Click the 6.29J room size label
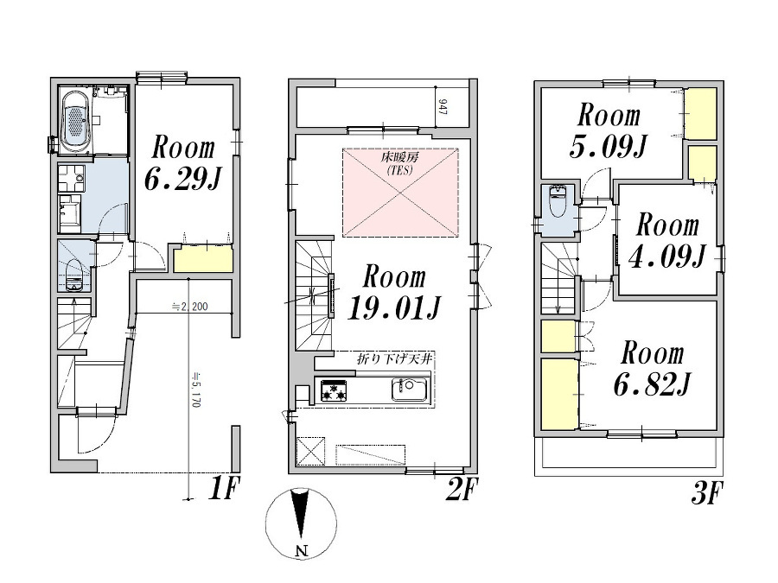tap(182, 179)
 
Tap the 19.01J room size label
tap(394, 307)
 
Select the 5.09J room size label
tap(609, 146)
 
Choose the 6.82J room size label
tap(652, 383)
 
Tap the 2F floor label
tap(462, 489)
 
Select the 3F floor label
tap(706, 493)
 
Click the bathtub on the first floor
tap(75, 120)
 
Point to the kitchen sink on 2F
tap(410, 390)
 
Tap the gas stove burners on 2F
tap(334, 390)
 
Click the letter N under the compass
tap(301, 550)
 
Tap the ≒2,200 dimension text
tap(189, 307)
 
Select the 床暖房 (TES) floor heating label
tap(399, 164)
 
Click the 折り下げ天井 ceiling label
tap(394, 359)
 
